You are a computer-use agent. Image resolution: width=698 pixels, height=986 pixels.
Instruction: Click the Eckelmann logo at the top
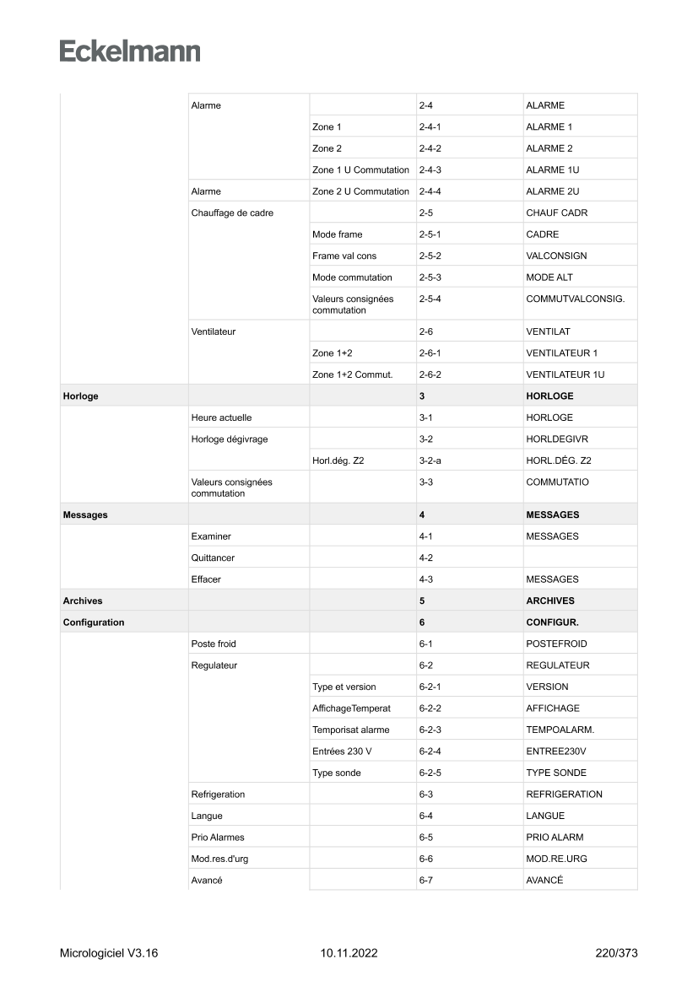[130, 51]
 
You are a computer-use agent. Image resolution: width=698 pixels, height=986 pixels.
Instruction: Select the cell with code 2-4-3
[430, 170]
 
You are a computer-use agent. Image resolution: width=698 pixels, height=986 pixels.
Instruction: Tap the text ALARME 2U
[552, 191]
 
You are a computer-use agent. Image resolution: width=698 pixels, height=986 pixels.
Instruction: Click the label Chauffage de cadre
[232, 213]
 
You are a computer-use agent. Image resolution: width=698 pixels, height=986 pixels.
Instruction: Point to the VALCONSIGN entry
[556, 256]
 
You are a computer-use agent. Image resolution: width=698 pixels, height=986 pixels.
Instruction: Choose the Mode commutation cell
[352, 277]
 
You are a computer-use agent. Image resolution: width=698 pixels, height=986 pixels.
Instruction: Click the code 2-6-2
[430, 374]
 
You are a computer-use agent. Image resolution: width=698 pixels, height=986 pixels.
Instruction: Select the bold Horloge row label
[80, 396]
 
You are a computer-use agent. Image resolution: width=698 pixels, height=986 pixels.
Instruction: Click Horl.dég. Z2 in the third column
[338, 461]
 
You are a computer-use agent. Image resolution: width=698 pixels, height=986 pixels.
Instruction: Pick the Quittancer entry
[213, 558]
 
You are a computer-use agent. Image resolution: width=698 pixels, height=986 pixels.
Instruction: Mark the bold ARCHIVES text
[549, 601]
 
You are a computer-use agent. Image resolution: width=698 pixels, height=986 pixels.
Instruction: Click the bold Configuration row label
[93, 622]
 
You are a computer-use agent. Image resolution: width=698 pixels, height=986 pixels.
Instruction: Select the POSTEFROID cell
[556, 644]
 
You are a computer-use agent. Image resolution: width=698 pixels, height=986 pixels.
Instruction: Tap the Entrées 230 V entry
[342, 752]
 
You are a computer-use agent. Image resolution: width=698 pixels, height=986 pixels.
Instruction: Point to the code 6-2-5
[430, 773]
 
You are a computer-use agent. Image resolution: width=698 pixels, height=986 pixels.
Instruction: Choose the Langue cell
[208, 816]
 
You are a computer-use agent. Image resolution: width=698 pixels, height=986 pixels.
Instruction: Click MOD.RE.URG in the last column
[556, 859]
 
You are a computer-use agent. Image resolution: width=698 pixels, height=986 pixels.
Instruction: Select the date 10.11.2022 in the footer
[349, 954]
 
